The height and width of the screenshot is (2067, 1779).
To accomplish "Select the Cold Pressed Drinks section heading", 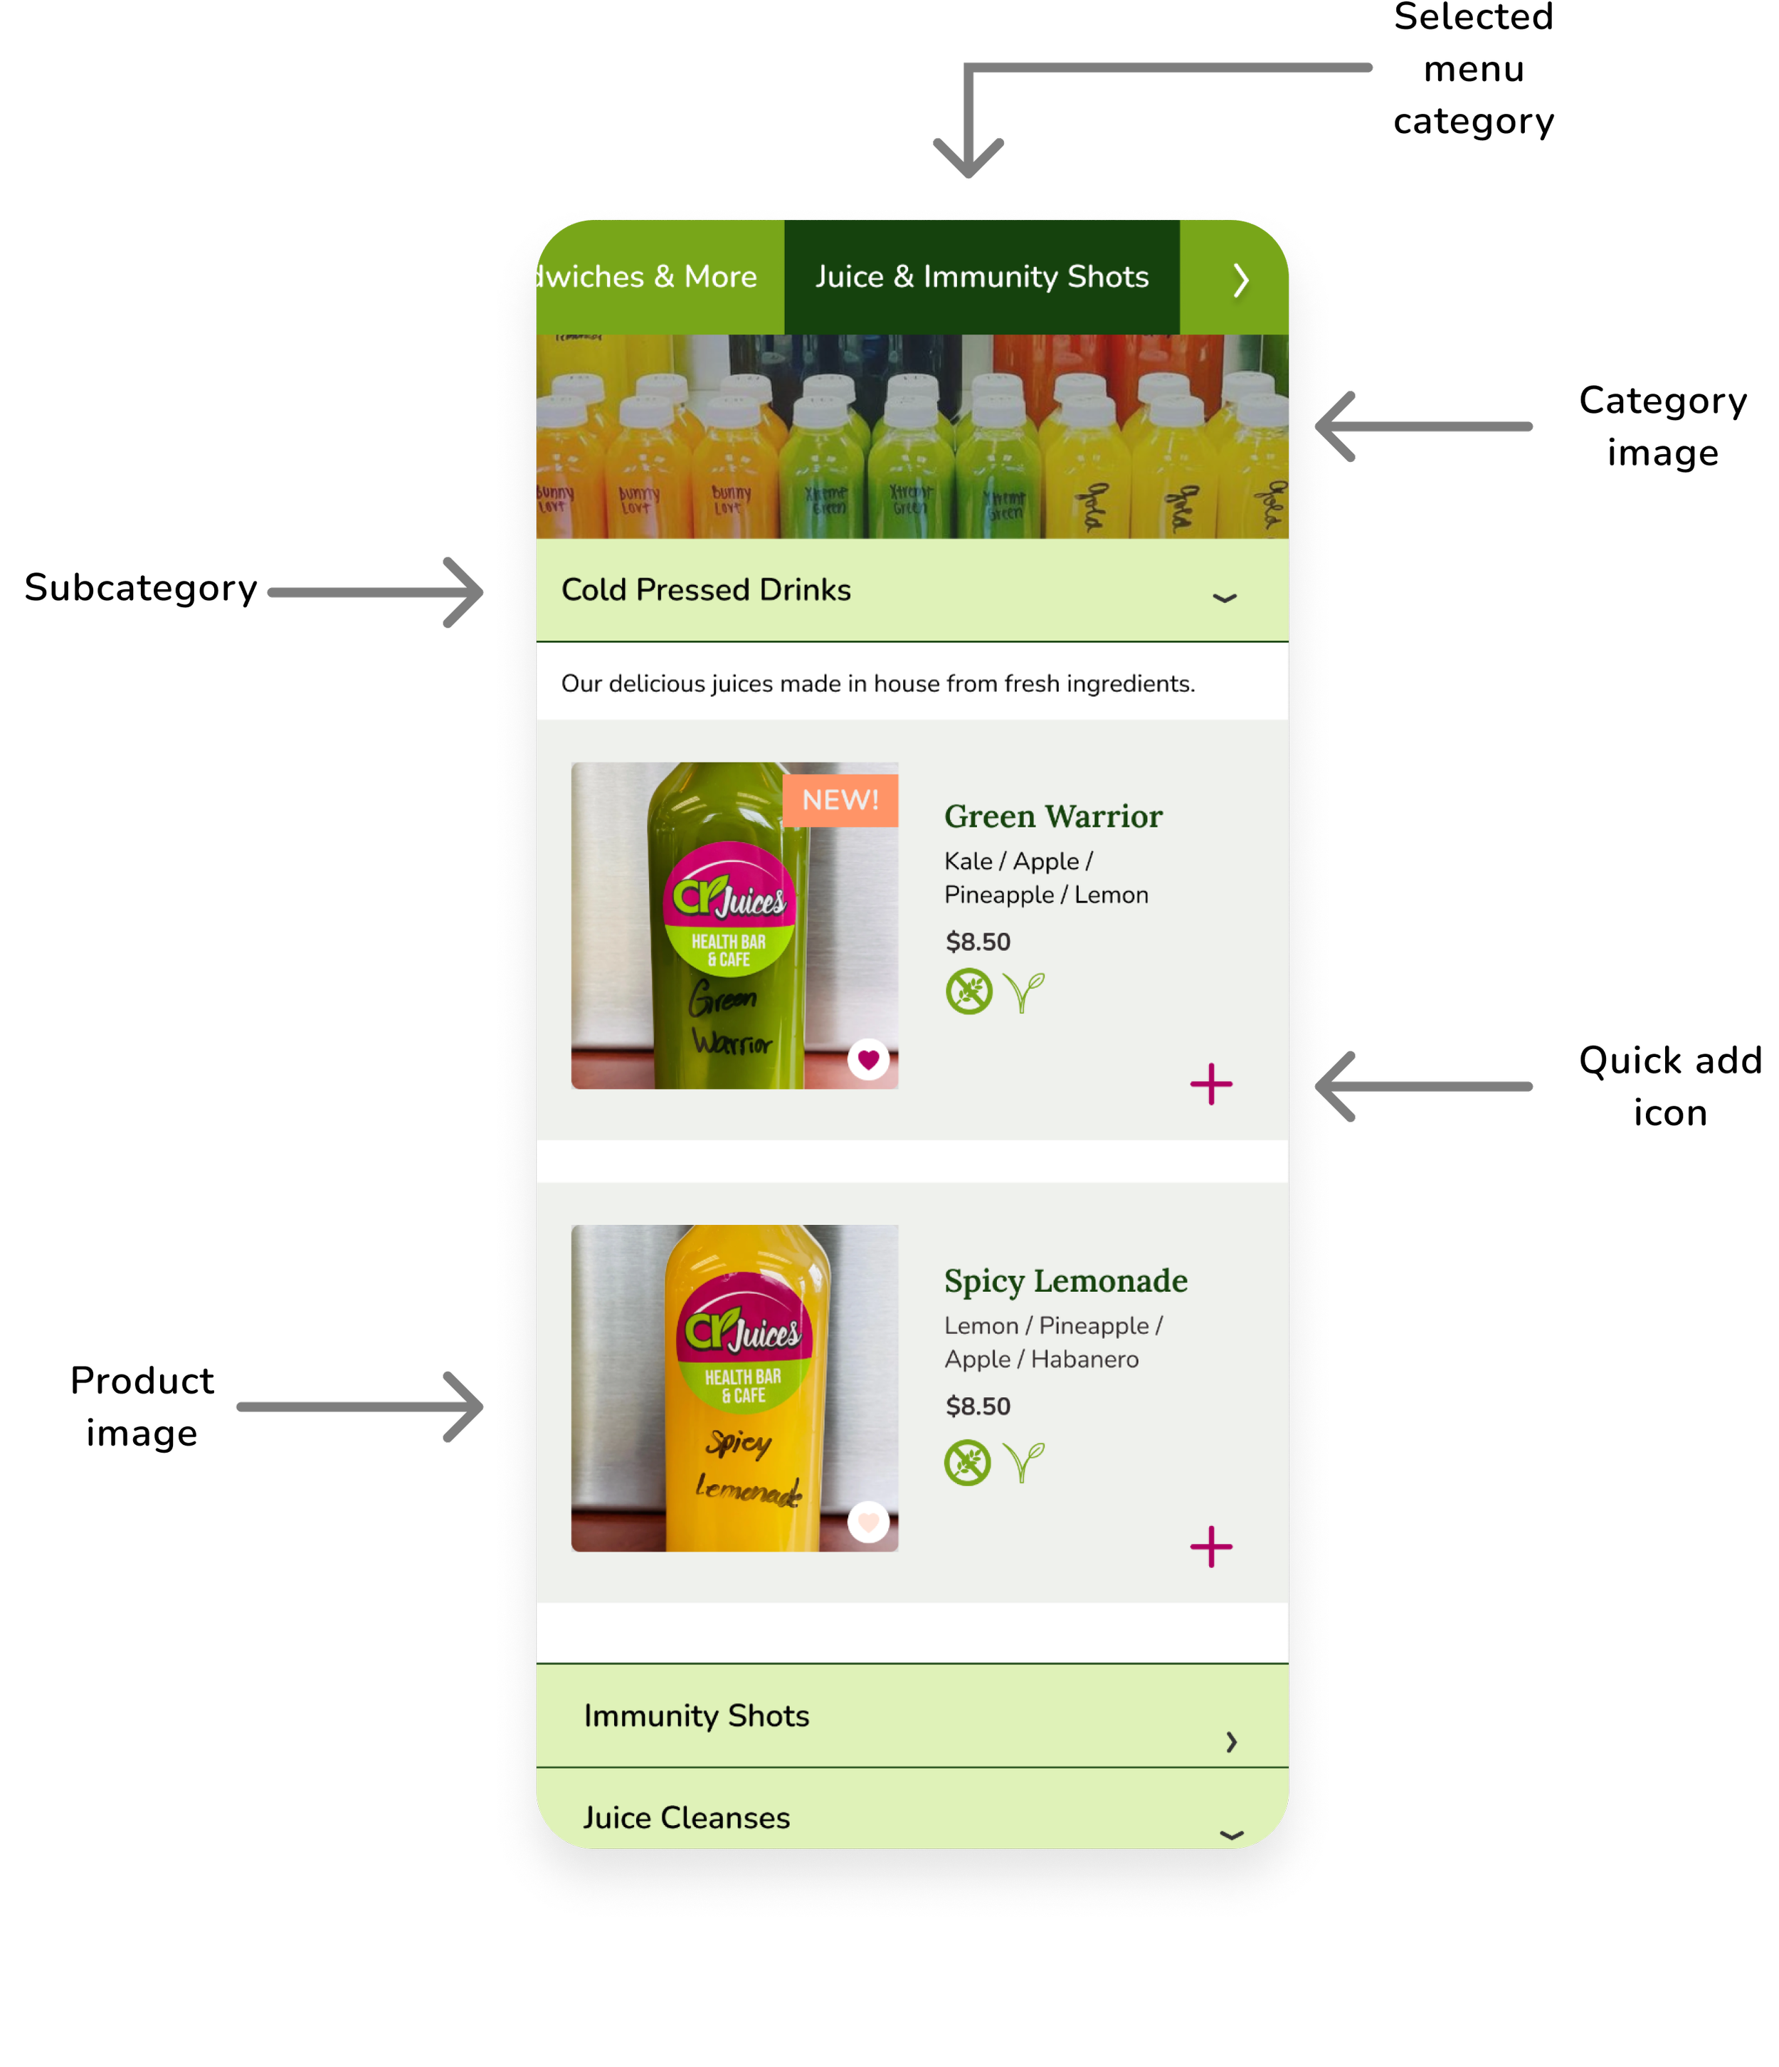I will pyautogui.click(x=706, y=589).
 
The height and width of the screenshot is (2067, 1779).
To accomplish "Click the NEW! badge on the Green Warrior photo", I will pyautogui.click(x=840, y=800).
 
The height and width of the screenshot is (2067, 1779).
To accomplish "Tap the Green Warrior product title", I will pyautogui.click(x=1053, y=816).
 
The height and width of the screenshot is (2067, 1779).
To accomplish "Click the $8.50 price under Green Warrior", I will pyautogui.click(x=977, y=942).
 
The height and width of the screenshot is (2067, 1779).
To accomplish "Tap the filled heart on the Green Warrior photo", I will pyautogui.click(x=867, y=1059).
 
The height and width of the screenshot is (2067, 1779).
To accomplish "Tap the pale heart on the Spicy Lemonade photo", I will pyautogui.click(x=867, y=1522).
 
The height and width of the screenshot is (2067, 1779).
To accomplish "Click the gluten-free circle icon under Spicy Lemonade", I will pyautogui.click(x=967, y=1463).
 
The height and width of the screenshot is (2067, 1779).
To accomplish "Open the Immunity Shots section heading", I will pyautogui.click(x=696, y=1716).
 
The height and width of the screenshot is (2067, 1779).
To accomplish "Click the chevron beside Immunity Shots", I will pyautogui.click(x=1232, y=1742).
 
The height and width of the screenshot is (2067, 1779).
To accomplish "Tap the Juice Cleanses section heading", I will pyautogui.click(x=686, y=1818).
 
